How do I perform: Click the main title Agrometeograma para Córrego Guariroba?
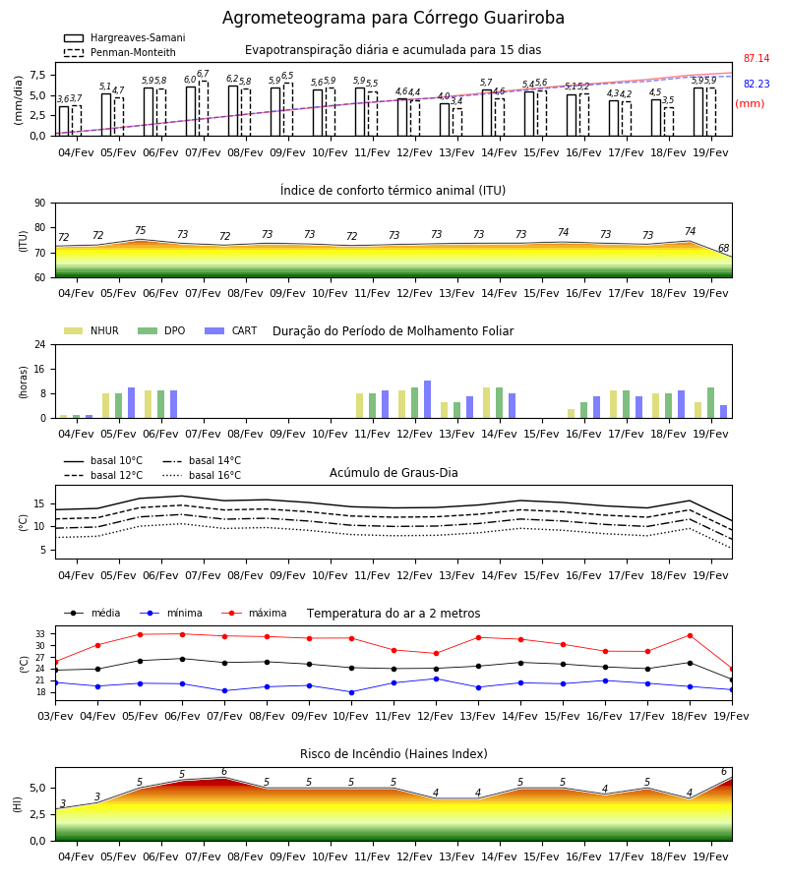click(393, 18)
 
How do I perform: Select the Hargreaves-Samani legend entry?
click(124, 37)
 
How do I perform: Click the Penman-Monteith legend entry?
click(120, 52)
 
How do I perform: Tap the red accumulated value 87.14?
click(757, 58)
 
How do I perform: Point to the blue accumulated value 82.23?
click(757, 84)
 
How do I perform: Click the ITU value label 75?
click(140, 230)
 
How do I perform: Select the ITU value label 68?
click(723, 248)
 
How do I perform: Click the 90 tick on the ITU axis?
click(40, 204)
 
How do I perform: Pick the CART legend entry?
click(231, 330)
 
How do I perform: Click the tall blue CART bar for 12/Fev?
click(427, 399)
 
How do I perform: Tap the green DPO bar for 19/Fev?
click(711, 403)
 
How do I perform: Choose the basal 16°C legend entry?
click(202, 475)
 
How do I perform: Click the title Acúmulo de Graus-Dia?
click(393, 473)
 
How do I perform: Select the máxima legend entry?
click(254, 613)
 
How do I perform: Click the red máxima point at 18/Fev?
click(690, 635)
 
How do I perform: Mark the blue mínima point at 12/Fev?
click(436, 678)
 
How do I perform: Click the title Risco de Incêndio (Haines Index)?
click(393, 754)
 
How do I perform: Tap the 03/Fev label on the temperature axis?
click(55, 716)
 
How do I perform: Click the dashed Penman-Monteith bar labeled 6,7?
click(204, 108)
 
